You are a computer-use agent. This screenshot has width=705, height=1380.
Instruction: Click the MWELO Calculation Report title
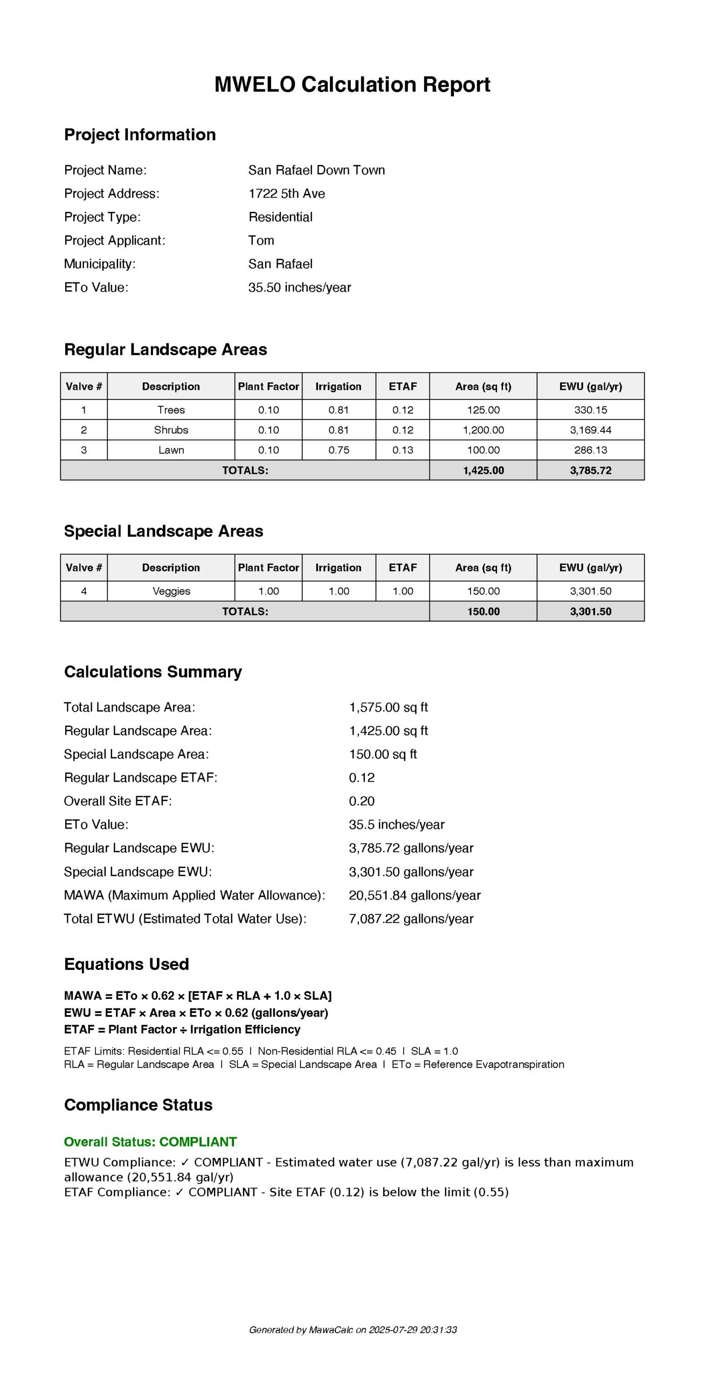tap(352, 85)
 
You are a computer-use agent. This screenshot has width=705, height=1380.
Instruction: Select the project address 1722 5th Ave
tap(286, 194)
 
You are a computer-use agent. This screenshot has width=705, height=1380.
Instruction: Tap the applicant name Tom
tap(261, 240)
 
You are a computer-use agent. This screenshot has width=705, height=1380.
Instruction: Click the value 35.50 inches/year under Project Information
tap(299, 287)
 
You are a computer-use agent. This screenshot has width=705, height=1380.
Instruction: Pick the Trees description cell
tap(171, 410)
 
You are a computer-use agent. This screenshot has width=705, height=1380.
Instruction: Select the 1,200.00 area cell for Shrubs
tap(483, 430)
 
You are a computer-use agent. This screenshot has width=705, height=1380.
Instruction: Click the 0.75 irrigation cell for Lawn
tap(338, 450)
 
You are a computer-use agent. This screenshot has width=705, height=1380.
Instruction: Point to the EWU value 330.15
tap(590, 410)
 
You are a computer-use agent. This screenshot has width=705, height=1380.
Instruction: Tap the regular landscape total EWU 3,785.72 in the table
tap(590, 470)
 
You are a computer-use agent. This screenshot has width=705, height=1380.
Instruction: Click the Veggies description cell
tap(171, 591)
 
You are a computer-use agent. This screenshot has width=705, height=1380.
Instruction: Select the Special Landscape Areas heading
tap(163, 531)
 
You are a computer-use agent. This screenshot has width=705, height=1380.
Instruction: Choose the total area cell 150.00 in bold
tap(483, 611)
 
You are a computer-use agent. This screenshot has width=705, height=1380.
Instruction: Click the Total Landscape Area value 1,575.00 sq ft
tap(388, 707)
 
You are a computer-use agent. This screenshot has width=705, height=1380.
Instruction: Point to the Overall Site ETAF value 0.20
tap(361, 801)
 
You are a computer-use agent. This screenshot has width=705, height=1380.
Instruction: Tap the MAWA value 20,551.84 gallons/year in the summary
tap(414, 895)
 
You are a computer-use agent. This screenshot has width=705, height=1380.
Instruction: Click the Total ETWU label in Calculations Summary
tap(185, 919)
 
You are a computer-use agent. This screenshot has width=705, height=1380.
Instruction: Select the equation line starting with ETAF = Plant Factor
tap(182, 1029)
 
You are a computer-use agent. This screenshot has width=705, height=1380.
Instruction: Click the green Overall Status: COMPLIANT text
tap(150, 1142)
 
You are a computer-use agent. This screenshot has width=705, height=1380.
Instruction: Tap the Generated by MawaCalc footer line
tap(353, 1330)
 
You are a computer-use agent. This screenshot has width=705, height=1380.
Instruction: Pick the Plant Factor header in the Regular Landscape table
tap(268, 387)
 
